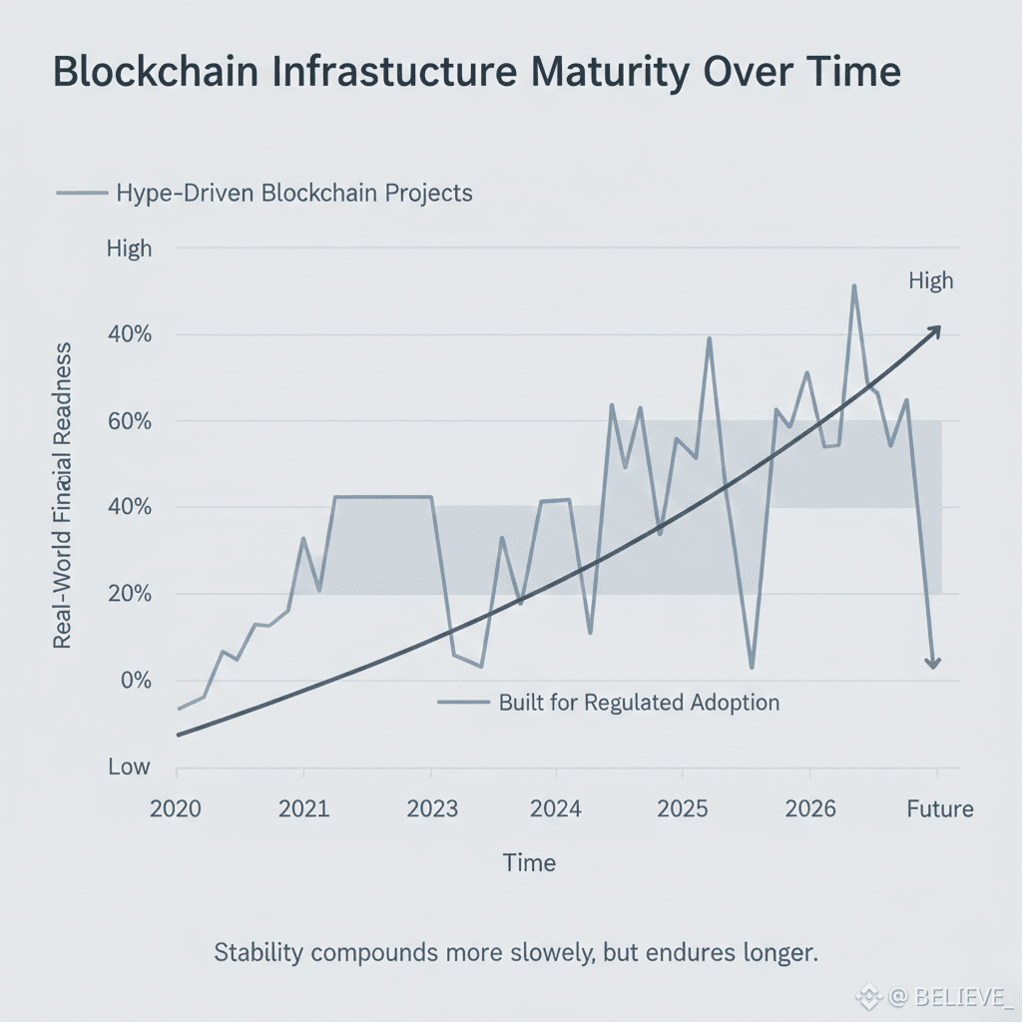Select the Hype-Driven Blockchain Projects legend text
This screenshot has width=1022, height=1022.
pos(294,193)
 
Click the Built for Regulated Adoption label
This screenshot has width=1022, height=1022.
pos(639,702)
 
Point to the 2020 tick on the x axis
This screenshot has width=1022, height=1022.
pos(176,807)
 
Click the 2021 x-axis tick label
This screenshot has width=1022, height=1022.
pos(303,807)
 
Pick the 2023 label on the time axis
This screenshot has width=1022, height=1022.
pos(432,807)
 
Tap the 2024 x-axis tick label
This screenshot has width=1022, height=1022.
pos(556,807)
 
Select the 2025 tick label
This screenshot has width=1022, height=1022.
pos(683,807)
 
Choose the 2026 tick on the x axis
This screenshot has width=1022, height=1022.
pos(810,807)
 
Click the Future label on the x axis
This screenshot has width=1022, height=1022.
pos(939,807)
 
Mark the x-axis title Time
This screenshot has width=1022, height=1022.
pos(529,862)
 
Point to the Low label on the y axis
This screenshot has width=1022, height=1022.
pos(129,767)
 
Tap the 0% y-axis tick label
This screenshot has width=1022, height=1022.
pos(135,681)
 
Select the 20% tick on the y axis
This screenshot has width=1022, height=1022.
pos(130,594)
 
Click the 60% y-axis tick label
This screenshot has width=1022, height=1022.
pos(130,420)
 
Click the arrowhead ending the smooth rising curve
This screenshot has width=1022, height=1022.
pos(935,329)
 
